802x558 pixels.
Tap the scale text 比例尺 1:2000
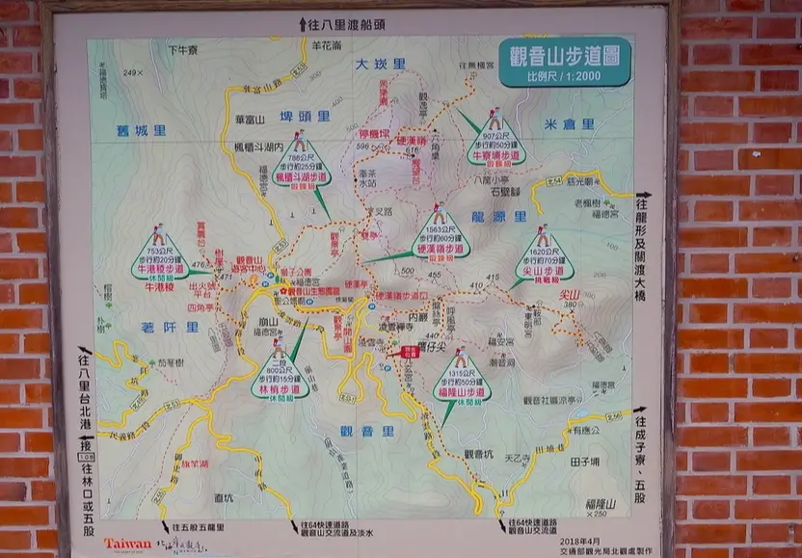565,76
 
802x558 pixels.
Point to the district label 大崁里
380,64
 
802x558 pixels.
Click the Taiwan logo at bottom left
127,544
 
